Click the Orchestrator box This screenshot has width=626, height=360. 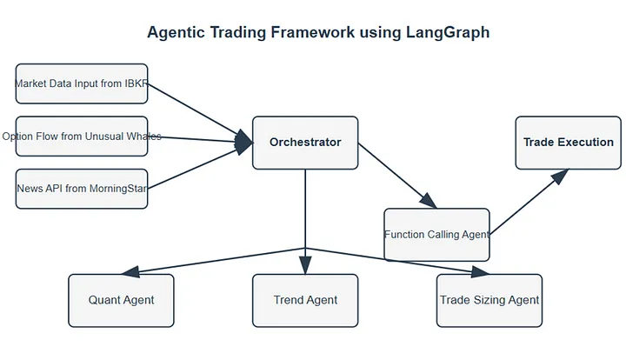(x=305, y=143)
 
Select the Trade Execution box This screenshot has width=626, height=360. (x=568, y=143)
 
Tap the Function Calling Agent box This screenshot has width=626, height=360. (x=436, y=235)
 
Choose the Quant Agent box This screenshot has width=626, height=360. (x=121, y=300)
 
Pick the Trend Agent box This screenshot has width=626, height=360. (x=305, y=300)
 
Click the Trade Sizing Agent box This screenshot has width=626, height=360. (x=489, y=300)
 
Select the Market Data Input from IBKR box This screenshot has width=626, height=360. (x=82, y=83)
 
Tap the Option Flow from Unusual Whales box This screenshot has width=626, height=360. (x=82, y=137)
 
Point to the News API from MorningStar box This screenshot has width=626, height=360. (x=82, y=189)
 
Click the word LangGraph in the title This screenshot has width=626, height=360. (x=448, y=32)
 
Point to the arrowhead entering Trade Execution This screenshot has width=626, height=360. (x=560, y=176)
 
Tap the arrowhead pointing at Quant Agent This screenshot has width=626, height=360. (x=130, y=271)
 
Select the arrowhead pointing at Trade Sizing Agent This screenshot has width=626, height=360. (x=480, y=271)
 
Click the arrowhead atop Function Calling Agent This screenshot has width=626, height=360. (x=428, y=201)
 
